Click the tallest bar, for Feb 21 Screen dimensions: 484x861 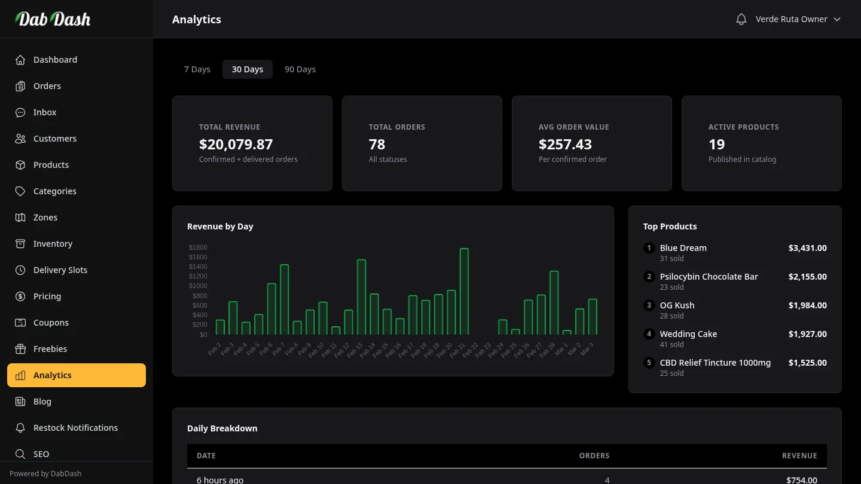pyautogui.click(x=464, y=292)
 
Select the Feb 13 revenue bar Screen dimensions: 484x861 pyautogui.click(x=361, y=297)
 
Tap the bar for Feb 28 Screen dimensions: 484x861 pyautogui.click(x=554, y=303)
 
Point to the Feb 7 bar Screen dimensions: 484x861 pyautogui.click(x=284, y=299)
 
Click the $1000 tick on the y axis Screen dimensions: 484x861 pyautogui.click(x=198, y=286)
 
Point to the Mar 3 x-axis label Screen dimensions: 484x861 pyautogui.click(x=587, y=349)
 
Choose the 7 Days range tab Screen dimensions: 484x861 pyautogui.click(x=197, y=69)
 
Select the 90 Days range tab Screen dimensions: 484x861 pyautogui.click(x=300, y=69)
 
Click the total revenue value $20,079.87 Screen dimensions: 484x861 pyautogui.click(x=236, y=144)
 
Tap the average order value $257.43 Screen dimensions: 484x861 pyautogui.click(x=565, y=144)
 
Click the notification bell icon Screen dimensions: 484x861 pyautogui.click(x=741, y=19)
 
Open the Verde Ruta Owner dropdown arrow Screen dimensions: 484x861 pyautogui.click(x=837, y=19)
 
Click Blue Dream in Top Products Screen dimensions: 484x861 pyautogui.click(x=683, y=248)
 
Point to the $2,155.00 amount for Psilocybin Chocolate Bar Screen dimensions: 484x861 pyautogui.click(x=807, y=277)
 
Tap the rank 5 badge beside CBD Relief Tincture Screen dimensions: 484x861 pyautogui.click(x=649, y=363)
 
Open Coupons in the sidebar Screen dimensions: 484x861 pyautogui.click(x=51, y=323)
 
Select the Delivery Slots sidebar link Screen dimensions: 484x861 pyautogui.click(x=60, y=270)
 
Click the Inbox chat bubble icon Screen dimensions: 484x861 pyautogui.click(x=20, y=112)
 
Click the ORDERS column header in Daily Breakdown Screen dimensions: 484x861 pyautogui.click(x=594, y=455)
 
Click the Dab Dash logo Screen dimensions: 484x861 pyautogui.click(x=53, y=19)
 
